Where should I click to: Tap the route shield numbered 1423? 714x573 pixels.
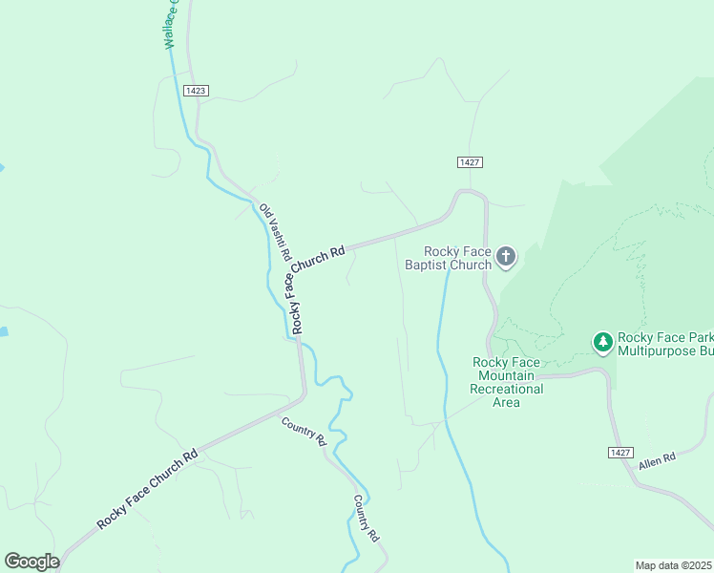(x=195, y=90)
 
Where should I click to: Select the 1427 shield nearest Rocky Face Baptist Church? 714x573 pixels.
(x=468, y=162)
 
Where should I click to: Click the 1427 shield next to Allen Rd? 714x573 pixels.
(x=619, y=451)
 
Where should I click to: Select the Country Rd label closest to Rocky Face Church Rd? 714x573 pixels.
(x=304, y=432)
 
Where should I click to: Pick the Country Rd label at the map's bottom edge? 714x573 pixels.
(x=367, y=519)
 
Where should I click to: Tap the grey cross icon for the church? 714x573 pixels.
(x=506, y=256)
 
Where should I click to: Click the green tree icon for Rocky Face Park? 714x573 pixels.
(x=602, y=341)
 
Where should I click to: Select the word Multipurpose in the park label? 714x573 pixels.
(x=654, y=350)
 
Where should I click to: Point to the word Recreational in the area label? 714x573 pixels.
(x=506, y=389)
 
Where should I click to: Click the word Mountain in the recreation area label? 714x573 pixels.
(x=506, y=375)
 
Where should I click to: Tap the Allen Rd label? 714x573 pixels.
(x=657, y=458)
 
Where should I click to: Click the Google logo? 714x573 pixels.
(x=31, y=561)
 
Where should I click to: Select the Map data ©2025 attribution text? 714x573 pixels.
(x=673, y=565)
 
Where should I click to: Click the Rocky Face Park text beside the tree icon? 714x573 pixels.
(x=664, y=337)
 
